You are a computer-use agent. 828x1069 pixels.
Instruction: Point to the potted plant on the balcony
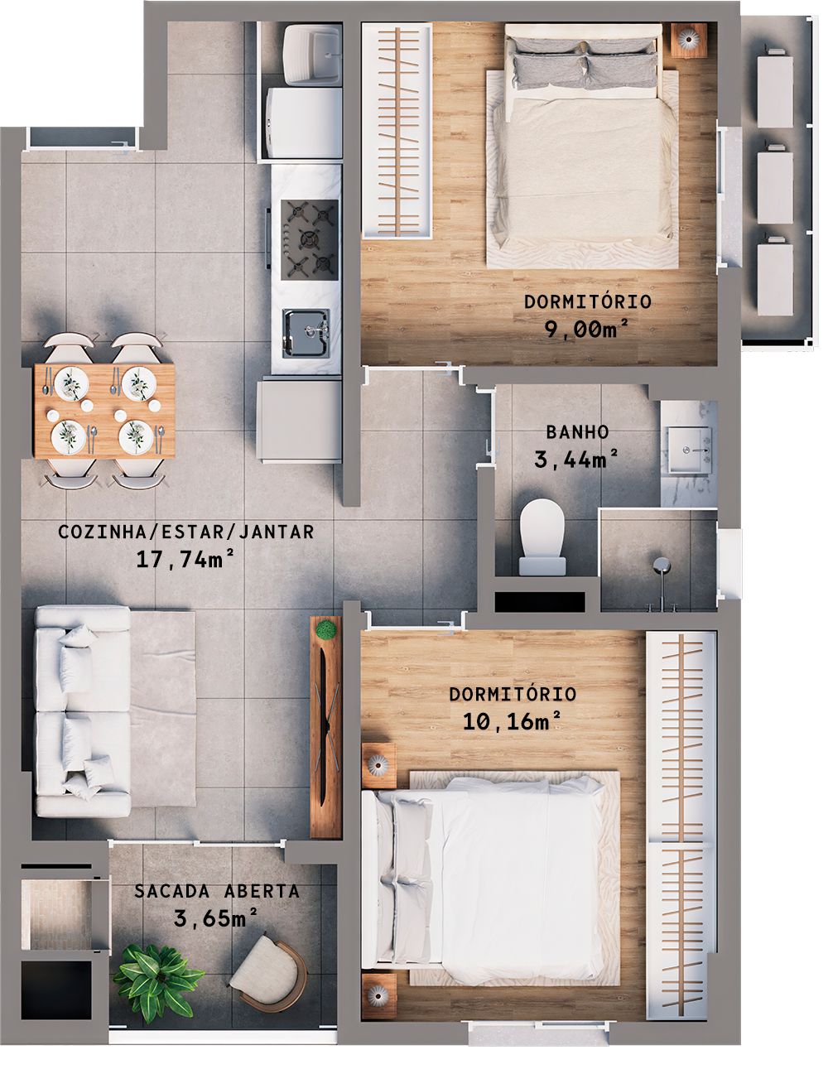pos(152,974)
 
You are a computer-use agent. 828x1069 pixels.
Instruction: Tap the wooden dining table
pos(104,409)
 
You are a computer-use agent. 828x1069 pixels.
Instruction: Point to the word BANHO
pos(577,431)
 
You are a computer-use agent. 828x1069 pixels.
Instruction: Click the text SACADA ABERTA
pos(217,892)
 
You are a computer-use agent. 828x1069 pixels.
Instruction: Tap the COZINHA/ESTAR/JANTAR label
pos(186,532)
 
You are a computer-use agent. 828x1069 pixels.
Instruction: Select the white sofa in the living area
pos(83,710)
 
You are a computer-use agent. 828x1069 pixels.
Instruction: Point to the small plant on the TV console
pos(327,630)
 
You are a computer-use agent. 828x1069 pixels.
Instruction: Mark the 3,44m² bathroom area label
pos(577,460)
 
